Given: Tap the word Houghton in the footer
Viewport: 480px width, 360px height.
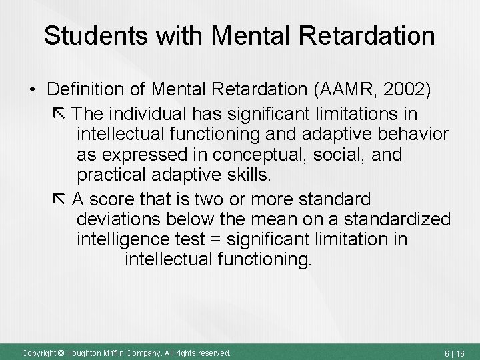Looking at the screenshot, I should (87, 351).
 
